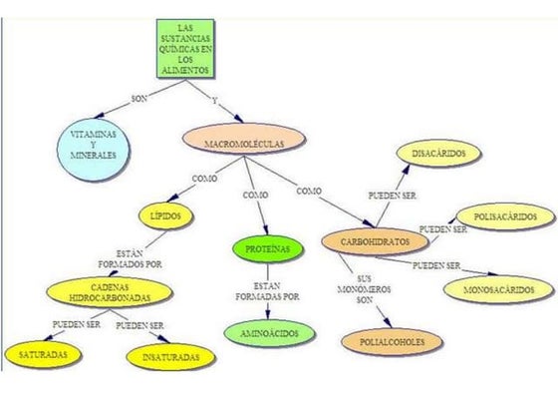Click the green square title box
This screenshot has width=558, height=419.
tap(185, 49)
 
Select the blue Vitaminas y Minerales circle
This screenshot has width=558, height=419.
tap(94, 149)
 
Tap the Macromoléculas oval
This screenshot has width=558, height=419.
tap(244, 140)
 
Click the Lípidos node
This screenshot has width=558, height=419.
tap(165, 216)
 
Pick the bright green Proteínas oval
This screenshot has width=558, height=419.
tap(268, 249)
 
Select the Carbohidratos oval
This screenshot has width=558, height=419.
tap(375, 241)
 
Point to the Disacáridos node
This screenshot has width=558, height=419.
tap(438, 154)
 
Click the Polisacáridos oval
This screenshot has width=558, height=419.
tap(505, 216)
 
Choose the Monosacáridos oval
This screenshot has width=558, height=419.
tap(499, 289)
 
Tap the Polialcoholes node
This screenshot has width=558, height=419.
tap(392, 342)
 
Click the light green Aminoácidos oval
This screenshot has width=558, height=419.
tap(270, 334)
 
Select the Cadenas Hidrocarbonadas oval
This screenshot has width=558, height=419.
tap(110, 292)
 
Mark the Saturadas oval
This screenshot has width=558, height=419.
tap(43, 355)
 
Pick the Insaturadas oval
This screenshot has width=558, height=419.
tap(170, 357)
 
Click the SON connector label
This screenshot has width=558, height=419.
tap(139, 99)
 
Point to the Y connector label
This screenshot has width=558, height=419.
tap(214, 101)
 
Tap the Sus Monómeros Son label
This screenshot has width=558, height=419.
tap(364, 289)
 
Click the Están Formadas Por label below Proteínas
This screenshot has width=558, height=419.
tap(267, 291)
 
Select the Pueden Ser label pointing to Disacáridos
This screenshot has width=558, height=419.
tap(392, 196)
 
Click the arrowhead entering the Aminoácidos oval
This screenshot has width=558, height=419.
tap(268, 314)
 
